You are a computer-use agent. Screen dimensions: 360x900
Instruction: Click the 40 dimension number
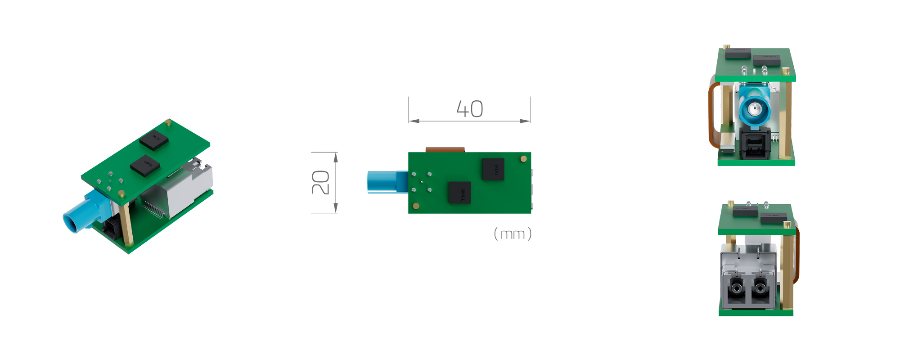click(x=470, y=109)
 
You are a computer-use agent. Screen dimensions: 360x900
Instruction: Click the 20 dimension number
click(x=321, y=182)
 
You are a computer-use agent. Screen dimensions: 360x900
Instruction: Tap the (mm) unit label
click(x=513, y=234)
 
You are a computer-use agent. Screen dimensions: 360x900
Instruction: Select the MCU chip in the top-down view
click(x=493, y=169)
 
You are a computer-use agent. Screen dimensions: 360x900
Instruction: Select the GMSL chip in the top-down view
click(x=459, y=193)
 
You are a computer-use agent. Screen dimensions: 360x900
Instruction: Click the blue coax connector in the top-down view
click(x=382, y=182)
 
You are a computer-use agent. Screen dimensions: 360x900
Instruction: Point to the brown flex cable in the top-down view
click(x=445, y=149)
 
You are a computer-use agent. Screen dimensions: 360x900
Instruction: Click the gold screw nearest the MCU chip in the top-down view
click(x=523, y=159)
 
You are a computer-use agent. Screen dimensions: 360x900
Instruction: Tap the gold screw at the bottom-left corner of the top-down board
click(x=416, y=206)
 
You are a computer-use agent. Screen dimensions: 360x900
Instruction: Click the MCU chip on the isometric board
click(x=154, y=139)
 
